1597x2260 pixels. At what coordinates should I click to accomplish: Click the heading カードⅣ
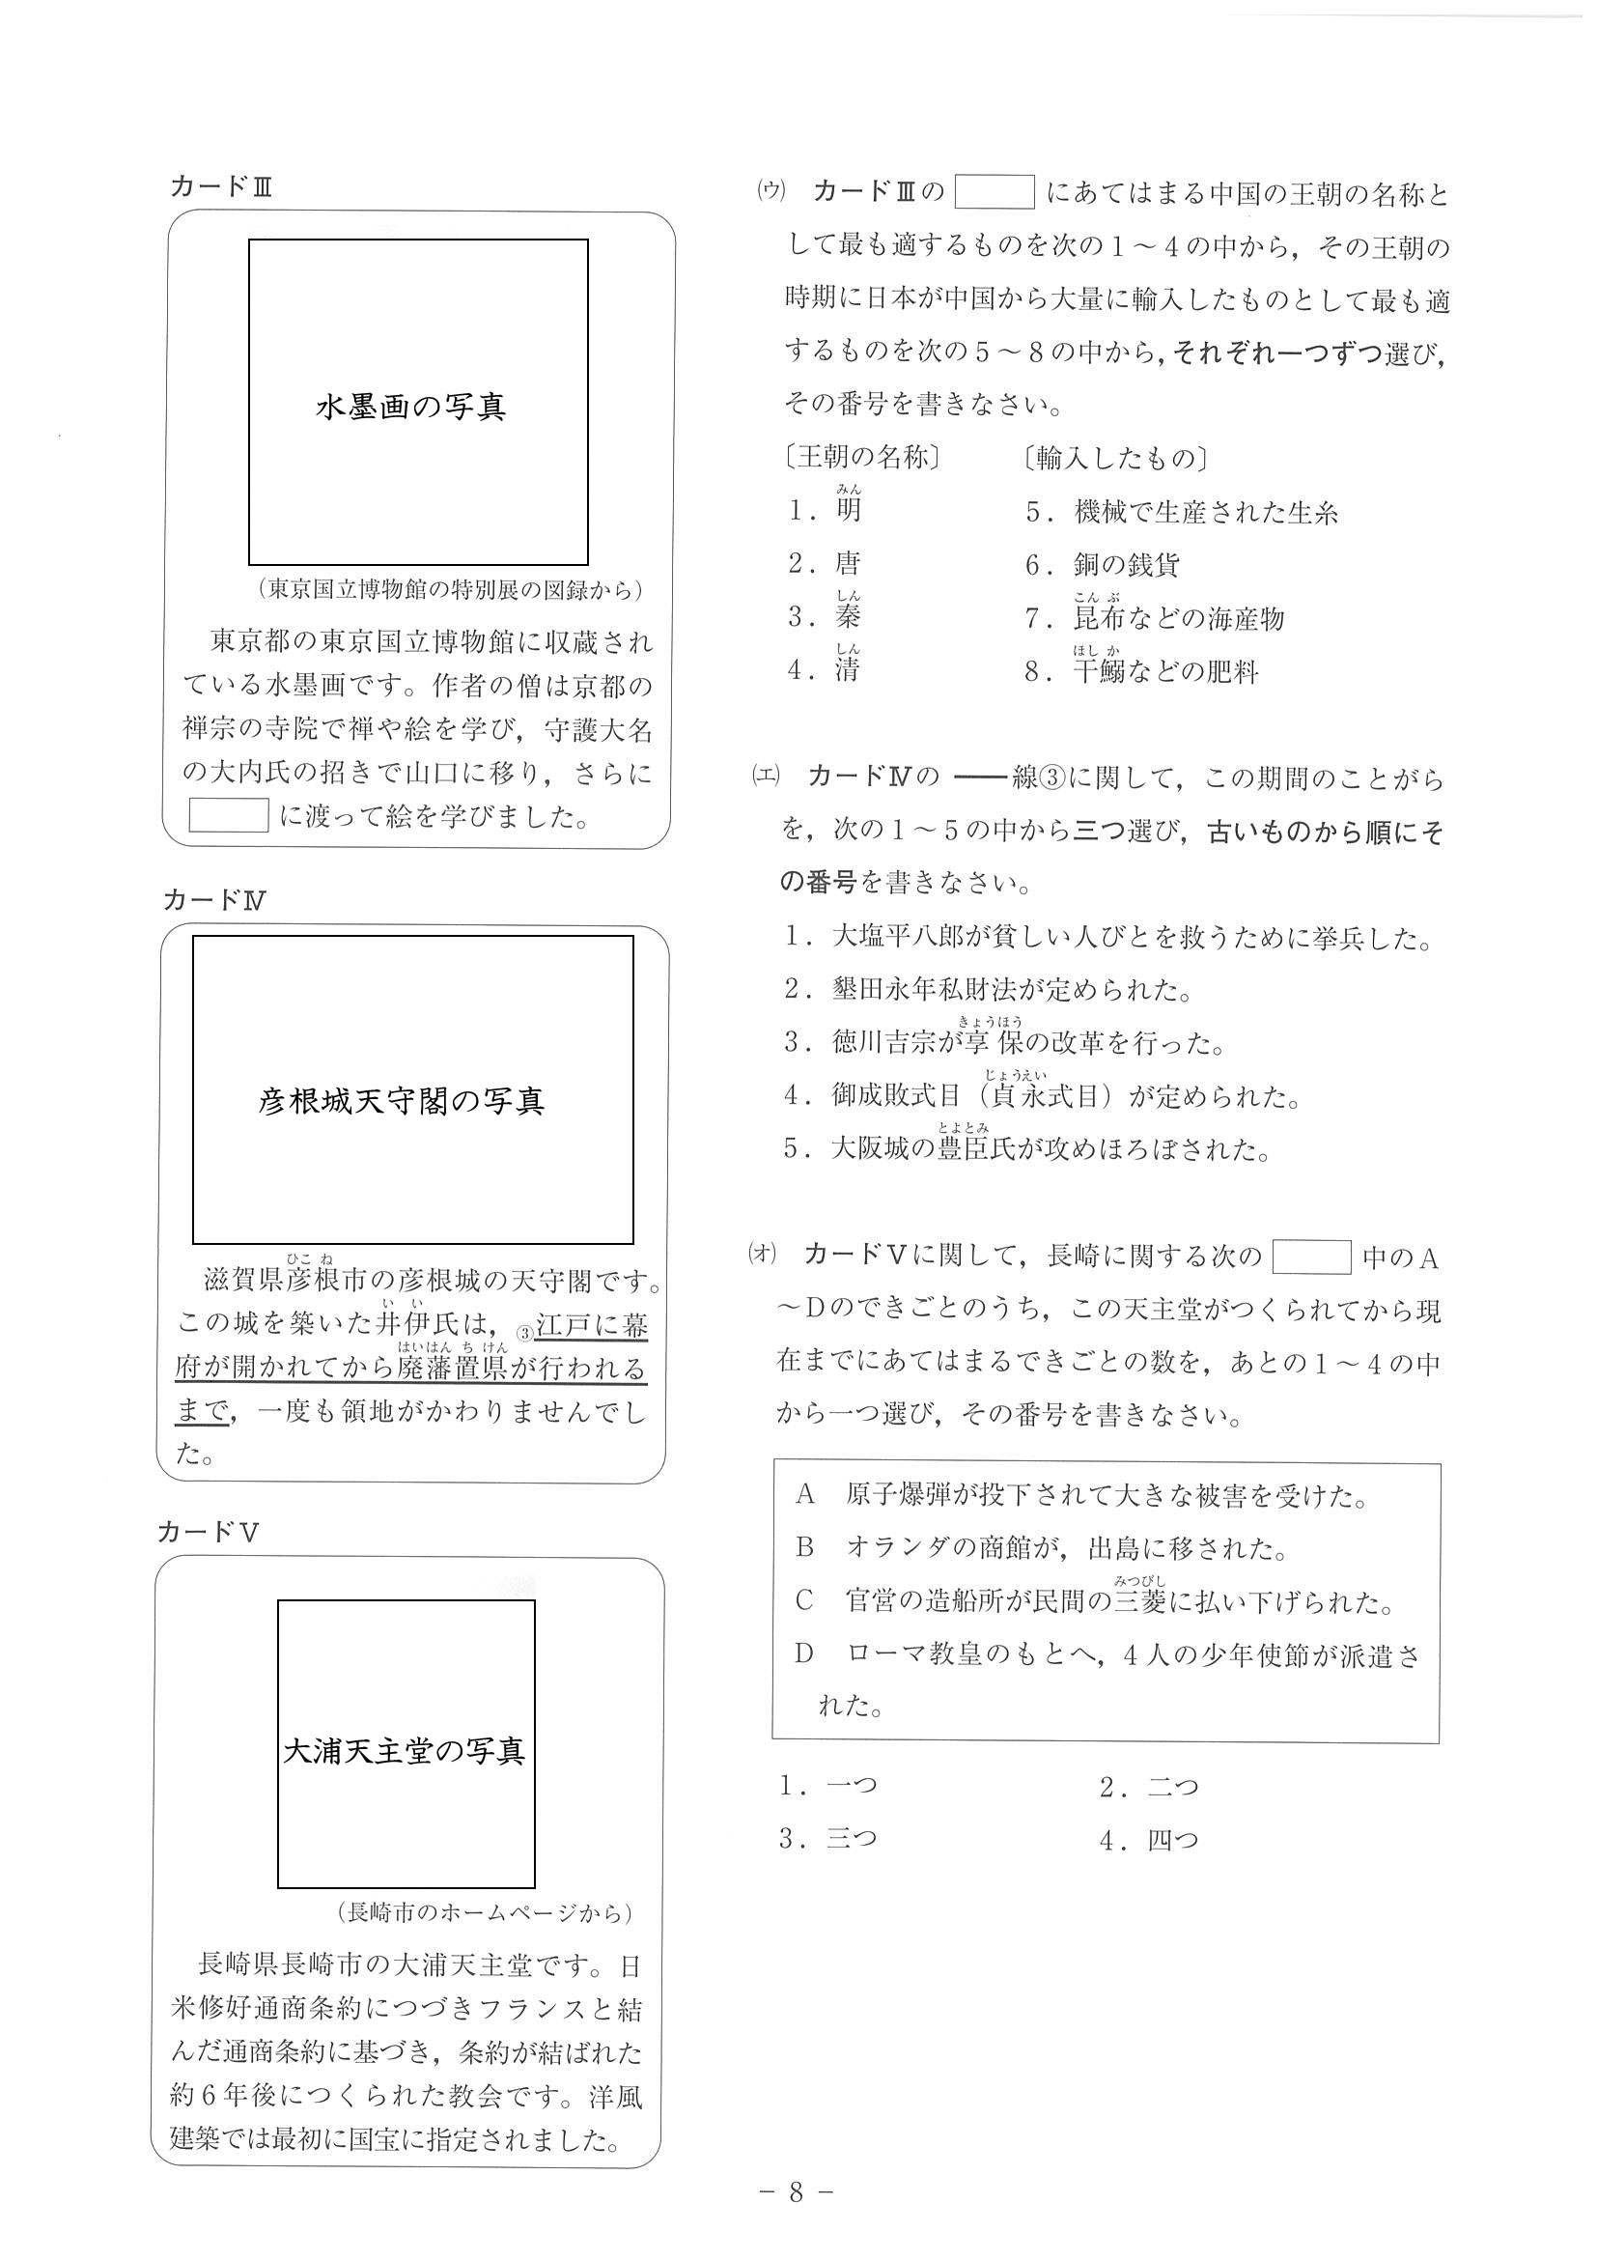pyautogui.click(x=214, y=900)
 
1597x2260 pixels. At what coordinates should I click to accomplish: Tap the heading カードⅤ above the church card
pyautogui.click(x=208, y=1533)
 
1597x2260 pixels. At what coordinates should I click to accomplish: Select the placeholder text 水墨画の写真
pyautogui.click(x=410, y=407)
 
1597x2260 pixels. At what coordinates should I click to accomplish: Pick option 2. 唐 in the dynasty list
pyautogui.click(x=827, y=563)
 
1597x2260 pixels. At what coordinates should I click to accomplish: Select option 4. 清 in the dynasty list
pyautogui.click(x=827, y=671)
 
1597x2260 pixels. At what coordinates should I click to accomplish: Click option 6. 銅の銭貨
pyautogui.click(x=1102, y=565)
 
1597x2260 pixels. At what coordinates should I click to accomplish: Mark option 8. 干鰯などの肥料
pyautogui.click(x=1141, y=673)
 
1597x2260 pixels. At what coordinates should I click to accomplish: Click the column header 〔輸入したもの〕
pyautogui.click(x=1116, y=459)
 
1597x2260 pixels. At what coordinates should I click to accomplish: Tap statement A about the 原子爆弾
pyautogui.click(x=1082, y=1496)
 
